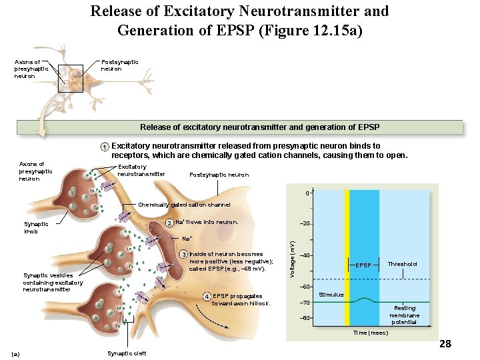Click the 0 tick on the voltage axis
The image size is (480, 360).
click(x=307, y=193)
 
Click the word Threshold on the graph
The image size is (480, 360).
click(x=403, y=264)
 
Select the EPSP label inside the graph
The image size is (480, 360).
click(x=363, y=265)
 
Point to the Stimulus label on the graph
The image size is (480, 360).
click(x=331, y=294)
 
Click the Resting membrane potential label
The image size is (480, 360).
click(x=405, y=315)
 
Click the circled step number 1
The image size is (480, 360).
click(x=105, y=147)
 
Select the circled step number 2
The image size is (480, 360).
click(x=169, y=223)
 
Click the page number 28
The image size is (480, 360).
click(x=445, y=344)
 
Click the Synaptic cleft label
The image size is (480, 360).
click(x=126, y=353)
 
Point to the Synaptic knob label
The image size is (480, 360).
click(x=36, y=227)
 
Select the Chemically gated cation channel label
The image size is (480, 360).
click(x=184, y=205)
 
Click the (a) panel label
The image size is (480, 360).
click(x=17, y=353)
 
